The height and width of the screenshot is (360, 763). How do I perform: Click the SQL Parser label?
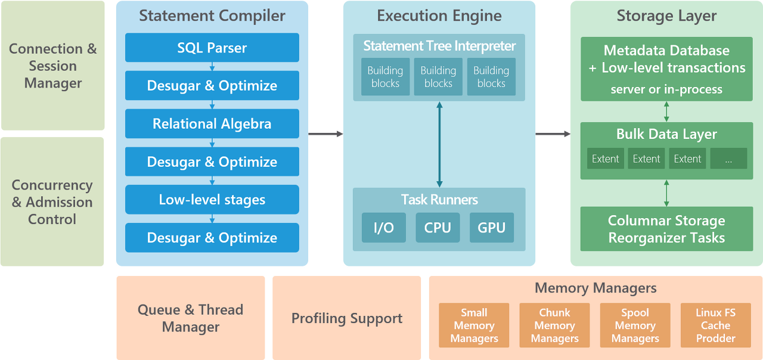click(212, 48)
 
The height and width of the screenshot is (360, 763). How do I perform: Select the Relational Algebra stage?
click(212, 124)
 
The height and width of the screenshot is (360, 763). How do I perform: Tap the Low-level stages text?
click(212, 200)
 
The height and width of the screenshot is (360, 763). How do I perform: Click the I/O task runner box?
click(384, 227)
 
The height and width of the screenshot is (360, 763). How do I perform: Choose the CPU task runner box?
click(438, 227)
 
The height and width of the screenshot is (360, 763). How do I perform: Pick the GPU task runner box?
click(492, 227)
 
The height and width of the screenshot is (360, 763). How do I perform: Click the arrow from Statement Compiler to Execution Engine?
click(325, 134)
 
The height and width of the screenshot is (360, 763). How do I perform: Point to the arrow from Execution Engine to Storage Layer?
click(553, 134)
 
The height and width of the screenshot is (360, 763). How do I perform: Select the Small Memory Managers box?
click(474, 325)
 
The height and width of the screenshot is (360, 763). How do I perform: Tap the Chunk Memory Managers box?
click(554, 325)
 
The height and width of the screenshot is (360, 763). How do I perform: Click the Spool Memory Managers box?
click(635, 325)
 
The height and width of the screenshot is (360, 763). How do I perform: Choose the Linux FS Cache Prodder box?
click(715, 325)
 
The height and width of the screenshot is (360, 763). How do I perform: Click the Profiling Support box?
click(347, 318)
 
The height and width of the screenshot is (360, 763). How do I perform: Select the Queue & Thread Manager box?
click(191, 318)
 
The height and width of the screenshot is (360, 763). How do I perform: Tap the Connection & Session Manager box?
click(52, 66)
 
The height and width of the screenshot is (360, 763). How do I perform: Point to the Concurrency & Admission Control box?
click(52, 202)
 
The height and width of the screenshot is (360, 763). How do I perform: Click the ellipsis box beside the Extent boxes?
click(728, 159)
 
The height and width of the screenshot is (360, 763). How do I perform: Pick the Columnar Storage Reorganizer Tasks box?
click(666, 229)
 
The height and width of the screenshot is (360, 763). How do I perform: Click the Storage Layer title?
click(666, 16)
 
